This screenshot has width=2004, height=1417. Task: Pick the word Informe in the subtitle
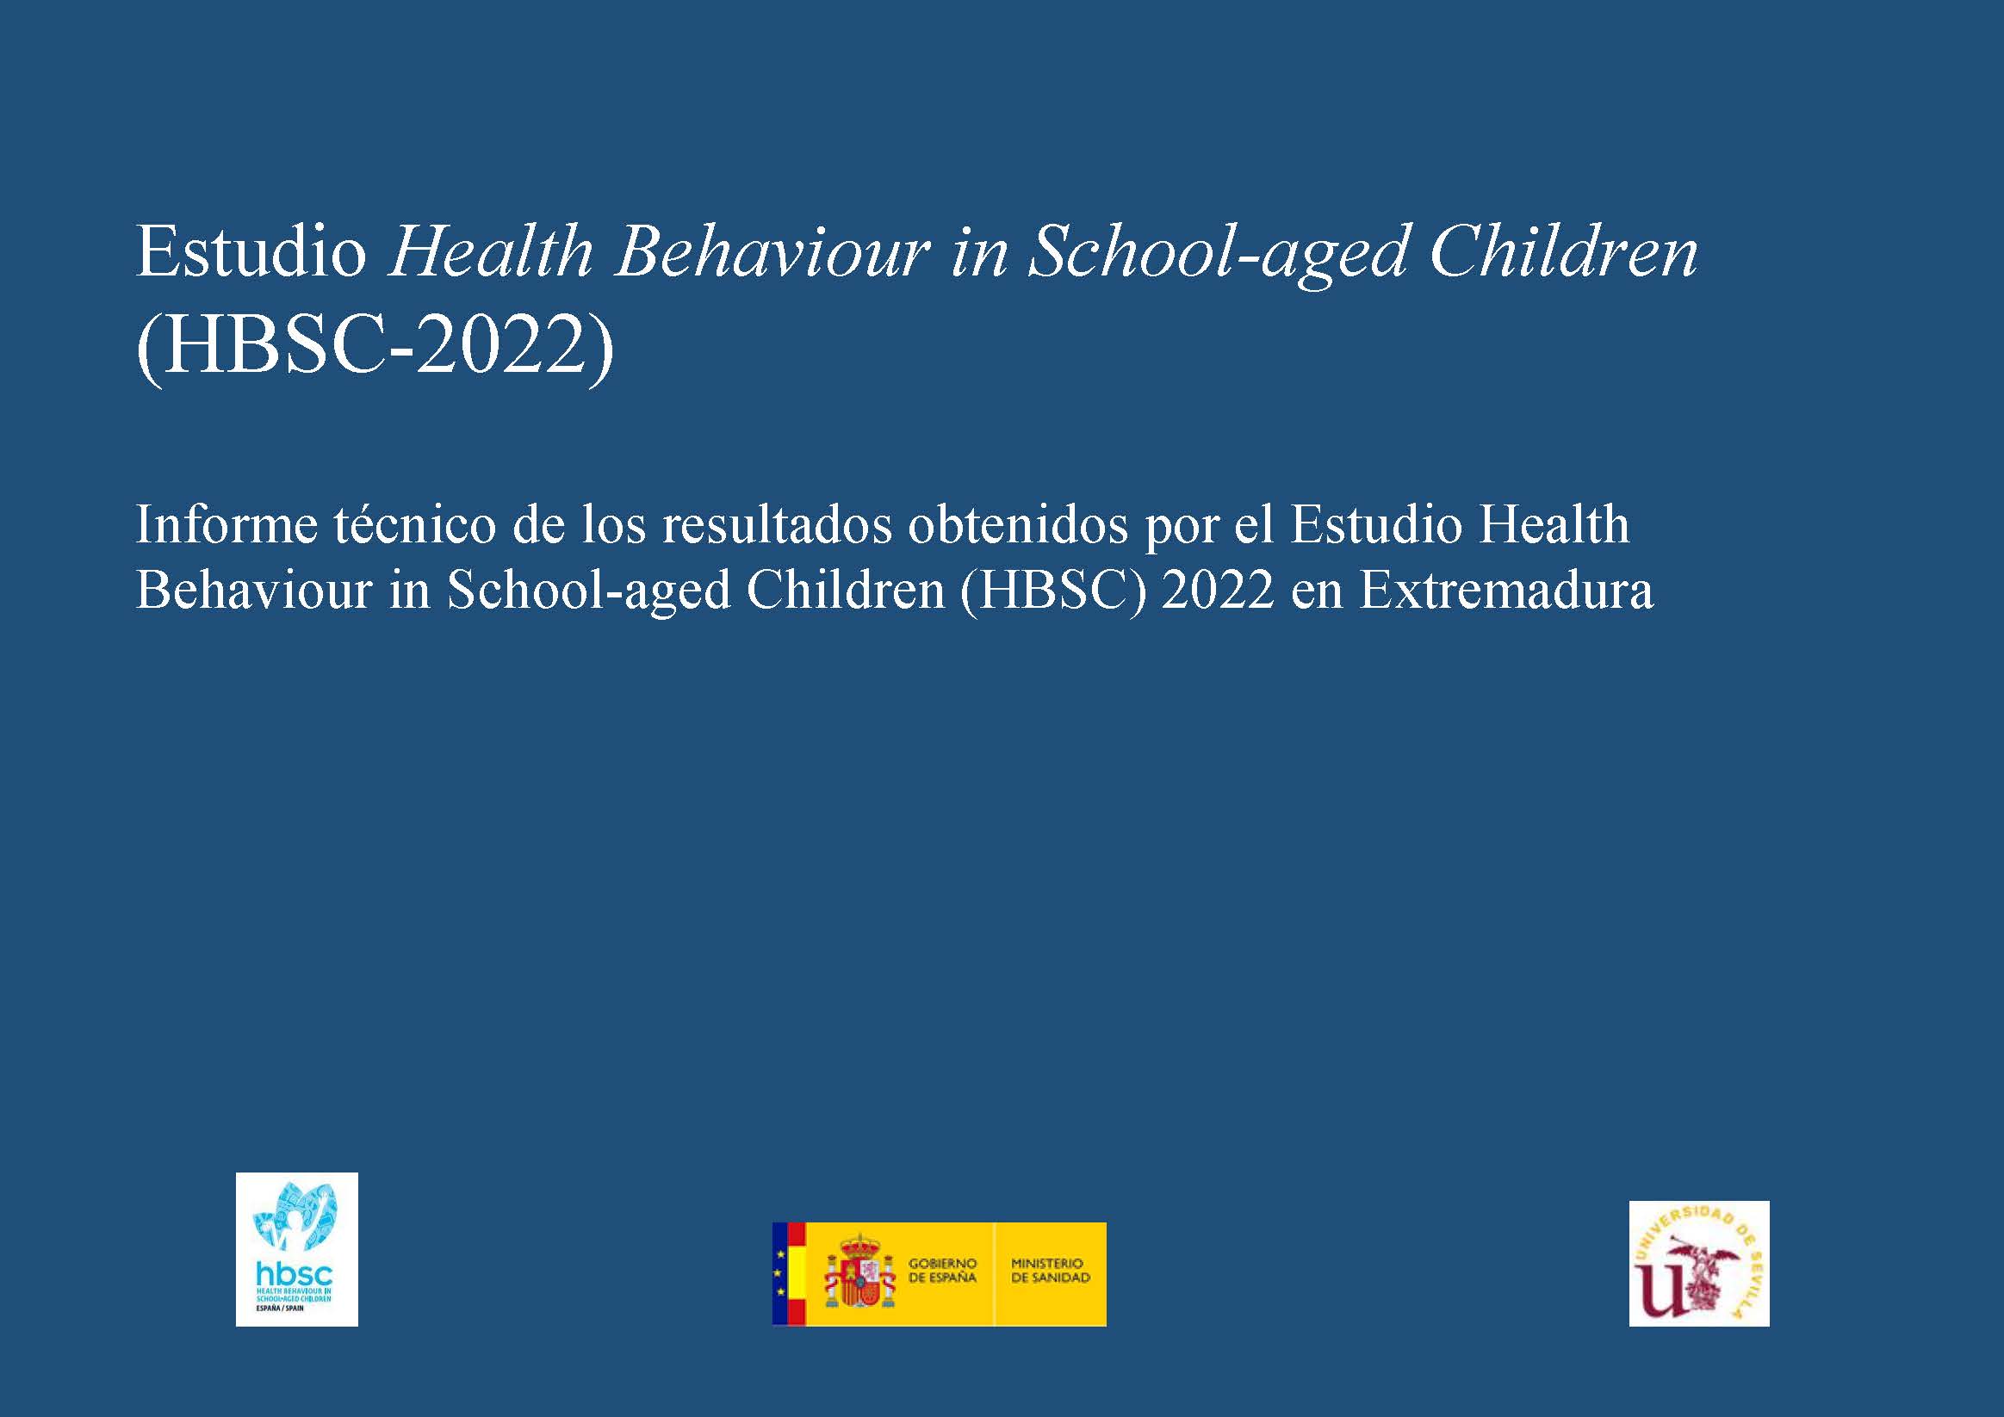pyautogui.click(x=226, y=525)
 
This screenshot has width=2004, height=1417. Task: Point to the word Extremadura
pyautogui.click(x=1505, y=591)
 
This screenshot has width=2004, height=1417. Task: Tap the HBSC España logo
pyautogui.click(x=297, y=1249)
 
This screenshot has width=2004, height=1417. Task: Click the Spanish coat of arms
pyautogui.click(x=860, y=1273)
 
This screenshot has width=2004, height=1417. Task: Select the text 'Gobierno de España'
pyautogui.click(x=943, y=1271)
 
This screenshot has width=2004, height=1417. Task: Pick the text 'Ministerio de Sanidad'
pyautogui.click(x=1051, y=1271)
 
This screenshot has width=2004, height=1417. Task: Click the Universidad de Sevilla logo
pyautogui.click(x=1699, y=1264)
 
